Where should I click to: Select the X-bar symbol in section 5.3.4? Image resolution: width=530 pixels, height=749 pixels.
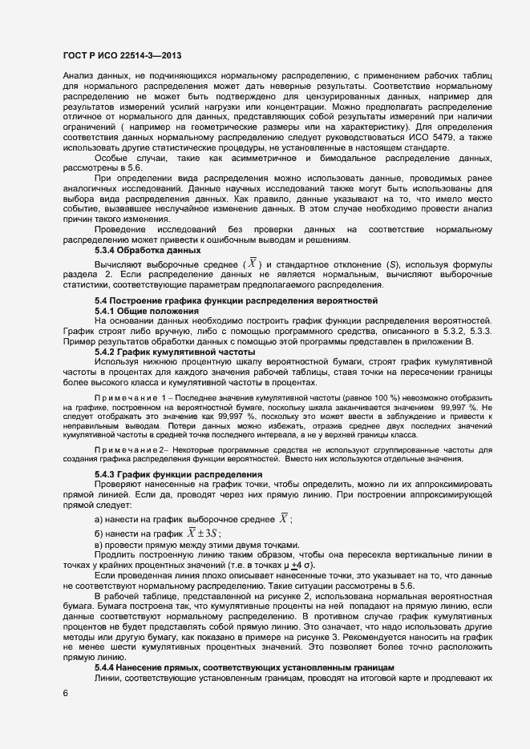click(x=253, y=264)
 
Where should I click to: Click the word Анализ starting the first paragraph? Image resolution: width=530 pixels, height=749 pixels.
click(x=78, y=75)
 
